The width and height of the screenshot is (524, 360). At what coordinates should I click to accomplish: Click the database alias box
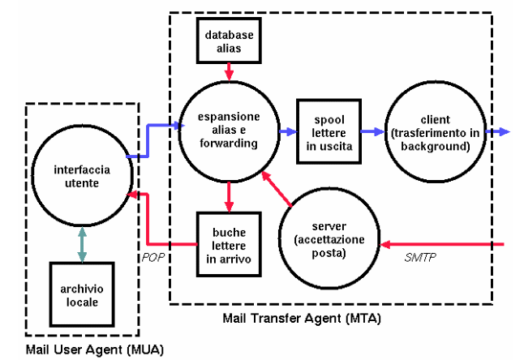pyautogui.click(x=229, y=41)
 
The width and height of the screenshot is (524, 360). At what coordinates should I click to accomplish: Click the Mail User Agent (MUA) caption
pyautogui.click(x=94, y=349)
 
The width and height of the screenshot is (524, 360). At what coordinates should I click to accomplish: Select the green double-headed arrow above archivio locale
pyautogui.click(x=81, y=242)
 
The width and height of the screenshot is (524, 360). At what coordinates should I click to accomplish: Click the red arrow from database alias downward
pyautogui.click(x=229, y=72)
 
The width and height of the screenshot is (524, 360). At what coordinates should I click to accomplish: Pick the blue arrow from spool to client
pyautogui.click(x=370, y=131)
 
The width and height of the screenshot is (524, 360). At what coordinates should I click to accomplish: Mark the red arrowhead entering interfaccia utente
pyautogui.click(x=135, y=195)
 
